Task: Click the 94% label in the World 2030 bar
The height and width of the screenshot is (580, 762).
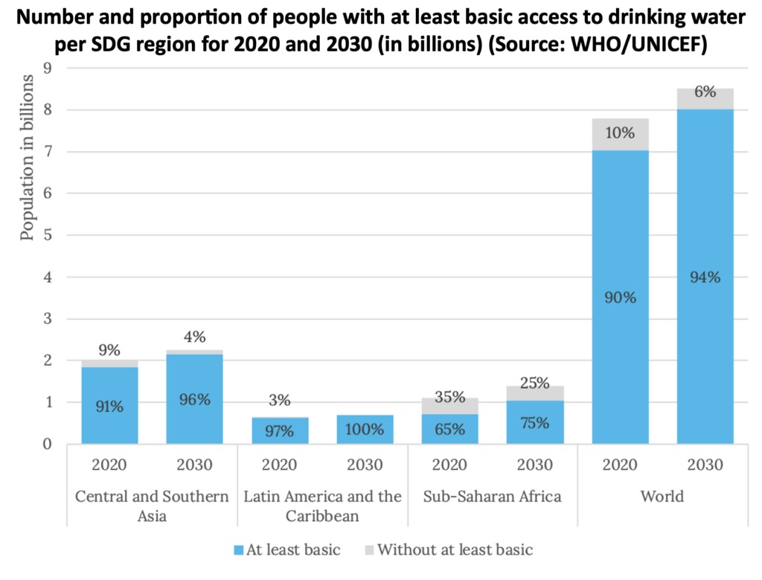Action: pyautogui.click(x=705, y=277)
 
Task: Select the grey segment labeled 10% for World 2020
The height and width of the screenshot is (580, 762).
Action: pyautogui.click(x=620, y=134)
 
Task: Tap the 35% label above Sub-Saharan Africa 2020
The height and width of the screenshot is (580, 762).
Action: pyautogui.click(x=449, y=397)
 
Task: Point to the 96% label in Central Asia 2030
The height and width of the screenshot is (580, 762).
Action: pyautogui.click(x=194, y=399)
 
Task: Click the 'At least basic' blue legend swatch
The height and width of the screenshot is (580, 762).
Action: pyautogui.click(x=239, y=551)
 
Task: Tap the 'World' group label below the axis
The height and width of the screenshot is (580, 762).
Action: pyautogui.click(x=662, y=496)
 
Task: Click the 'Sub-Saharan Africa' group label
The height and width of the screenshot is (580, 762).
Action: pyautogui.click(x=492, y=496)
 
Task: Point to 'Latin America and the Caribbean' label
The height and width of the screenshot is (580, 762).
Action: pyautogui.click(x=322, y=505)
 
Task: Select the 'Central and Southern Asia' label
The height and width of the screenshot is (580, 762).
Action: pyautogui.click(x=152, y=505)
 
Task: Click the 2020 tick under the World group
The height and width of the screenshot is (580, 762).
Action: pyautogui.click(x=620, y=465)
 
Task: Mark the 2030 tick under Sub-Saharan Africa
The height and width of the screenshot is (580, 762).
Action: pyautogui.click(x=534, y=465)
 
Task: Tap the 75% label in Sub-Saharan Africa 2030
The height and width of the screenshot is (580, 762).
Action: pyautogui.click(x=534, y=423)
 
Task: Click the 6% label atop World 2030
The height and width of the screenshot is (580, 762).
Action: pyautogui.click(x=705, y=92)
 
